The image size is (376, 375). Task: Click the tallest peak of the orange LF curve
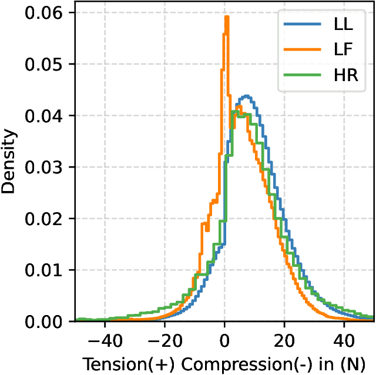pyautogui.click(x=226, y=17)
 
